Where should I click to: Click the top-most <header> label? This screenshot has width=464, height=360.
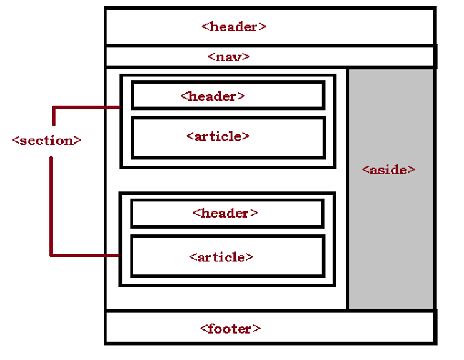[x=234, y=27]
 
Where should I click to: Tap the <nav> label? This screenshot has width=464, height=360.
[x=228, y=56]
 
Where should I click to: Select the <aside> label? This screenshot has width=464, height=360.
[x=388, y=170]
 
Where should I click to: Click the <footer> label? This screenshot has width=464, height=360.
[x=231, y=329]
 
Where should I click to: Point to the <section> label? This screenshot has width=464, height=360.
[x=47, y=140]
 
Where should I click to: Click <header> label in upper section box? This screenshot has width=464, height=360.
[x=213, y=96]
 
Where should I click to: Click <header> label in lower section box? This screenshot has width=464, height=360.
[x=225, y=213]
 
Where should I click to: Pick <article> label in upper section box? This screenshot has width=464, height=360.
[x=218, y=136]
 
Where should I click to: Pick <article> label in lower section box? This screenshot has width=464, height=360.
[x=221, y=256]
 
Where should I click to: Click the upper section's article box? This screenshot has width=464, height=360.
[x=286, y=146]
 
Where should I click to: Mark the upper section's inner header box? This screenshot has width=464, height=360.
[x=286, y=96]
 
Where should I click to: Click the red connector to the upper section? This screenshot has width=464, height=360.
[x=86, y=108]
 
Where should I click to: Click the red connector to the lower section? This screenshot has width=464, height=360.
[x=79, y=254]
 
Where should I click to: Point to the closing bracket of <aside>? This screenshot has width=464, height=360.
[x=412, y=170]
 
